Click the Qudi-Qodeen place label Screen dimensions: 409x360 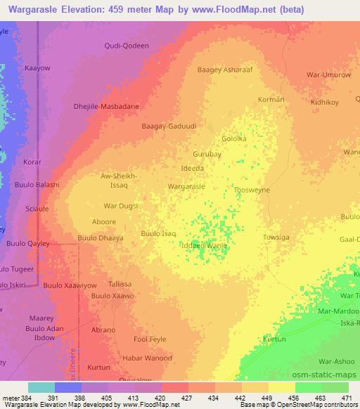point(127,46)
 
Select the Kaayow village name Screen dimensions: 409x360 point(37,68)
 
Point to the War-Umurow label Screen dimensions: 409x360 point(328,74)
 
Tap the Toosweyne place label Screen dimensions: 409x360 point(252,190)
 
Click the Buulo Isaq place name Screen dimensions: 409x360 point(158,233)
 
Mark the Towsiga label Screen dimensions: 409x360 point(276,238)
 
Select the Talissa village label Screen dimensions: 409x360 point(120,283)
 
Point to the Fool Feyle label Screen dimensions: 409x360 point(150,339)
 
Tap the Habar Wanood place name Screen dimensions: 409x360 point(148,358)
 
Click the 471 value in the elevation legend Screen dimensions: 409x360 point(348,397)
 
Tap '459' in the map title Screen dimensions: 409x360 point(167,11)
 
